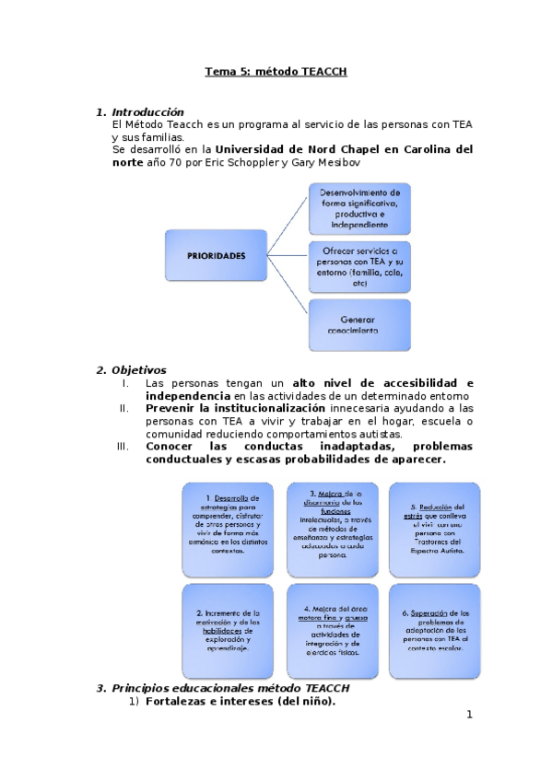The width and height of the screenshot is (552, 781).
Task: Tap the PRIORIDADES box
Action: [217, 256]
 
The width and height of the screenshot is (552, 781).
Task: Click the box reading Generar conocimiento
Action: [359, 324]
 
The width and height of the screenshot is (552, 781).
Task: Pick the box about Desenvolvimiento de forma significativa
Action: [359, 208]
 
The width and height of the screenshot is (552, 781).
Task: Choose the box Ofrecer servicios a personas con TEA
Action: [359, 266]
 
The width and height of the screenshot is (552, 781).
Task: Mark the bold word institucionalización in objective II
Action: [266, 407]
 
